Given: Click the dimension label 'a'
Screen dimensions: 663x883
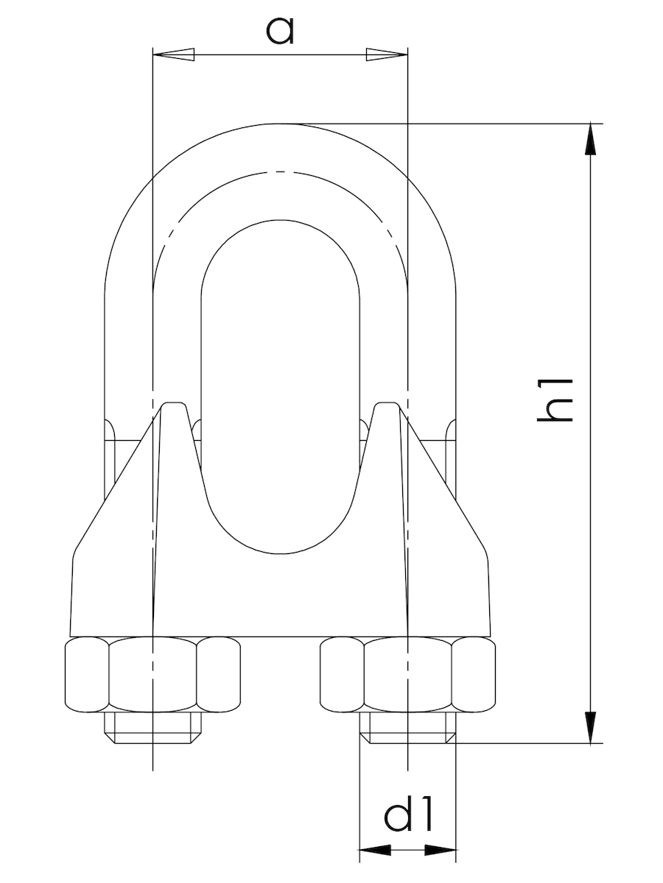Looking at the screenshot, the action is tap(281, 31).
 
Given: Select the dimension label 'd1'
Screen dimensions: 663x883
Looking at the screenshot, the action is tap(408, 816).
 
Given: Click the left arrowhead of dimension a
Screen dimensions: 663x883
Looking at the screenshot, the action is tap(174, 54).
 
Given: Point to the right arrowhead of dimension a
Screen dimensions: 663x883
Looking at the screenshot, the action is tap(387, 54).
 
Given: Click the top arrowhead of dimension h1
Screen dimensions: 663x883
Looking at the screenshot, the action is tap(590, 139).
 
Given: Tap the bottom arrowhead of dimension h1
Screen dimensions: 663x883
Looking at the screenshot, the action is tap(590, 727).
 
